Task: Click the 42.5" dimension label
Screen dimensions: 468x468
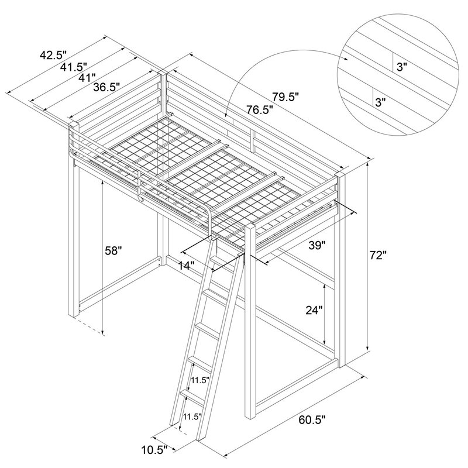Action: coord(53,55)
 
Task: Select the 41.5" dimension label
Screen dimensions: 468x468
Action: coord(74,67)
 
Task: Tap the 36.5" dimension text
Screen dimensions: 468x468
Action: coord(106,87)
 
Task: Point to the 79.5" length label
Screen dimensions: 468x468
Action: coord(285,97)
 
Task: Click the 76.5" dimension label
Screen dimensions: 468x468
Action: coord(260,109)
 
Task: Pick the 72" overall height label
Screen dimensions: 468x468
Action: coord(378,256)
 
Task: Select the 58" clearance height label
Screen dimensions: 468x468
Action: coord(113,251)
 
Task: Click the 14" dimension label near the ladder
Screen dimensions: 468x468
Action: coord(186,266)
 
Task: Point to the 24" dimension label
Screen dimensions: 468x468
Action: coord(314,311)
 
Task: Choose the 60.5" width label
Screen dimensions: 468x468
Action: coord(312,420)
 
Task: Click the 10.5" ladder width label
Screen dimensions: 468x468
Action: coord(154,450)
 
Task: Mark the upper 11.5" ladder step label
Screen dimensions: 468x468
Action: coord(200,380)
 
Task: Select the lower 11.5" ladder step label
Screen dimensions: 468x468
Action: coord(192,417)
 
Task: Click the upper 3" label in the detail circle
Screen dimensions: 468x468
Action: coord(402,67)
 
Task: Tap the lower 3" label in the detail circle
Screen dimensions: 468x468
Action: coord(380,103)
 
